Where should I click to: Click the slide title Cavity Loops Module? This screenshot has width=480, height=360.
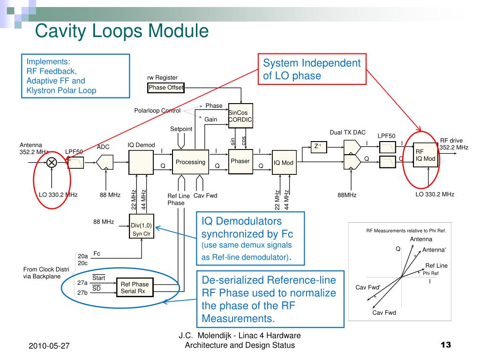tap(122, 31)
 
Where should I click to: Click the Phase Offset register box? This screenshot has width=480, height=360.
tap(166, 88)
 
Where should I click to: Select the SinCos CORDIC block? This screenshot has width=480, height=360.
tap(240, 116)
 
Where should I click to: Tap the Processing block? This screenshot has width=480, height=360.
tap(190, 162)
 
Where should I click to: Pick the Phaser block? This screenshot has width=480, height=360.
tap(240, 161)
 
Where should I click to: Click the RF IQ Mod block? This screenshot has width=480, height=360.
tap(426, 155)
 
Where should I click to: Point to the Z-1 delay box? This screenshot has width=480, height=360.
tap(317, 146)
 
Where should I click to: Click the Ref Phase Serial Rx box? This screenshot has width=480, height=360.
tap(135, 287)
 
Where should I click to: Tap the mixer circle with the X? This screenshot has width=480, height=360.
tap(51, 162)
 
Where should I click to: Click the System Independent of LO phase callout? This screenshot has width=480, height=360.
tap(312, 69)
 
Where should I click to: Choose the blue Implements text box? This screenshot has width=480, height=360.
tap(75, 76)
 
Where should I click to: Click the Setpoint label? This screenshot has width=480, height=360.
tap(181, 129)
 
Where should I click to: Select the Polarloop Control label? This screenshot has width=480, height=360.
tap(157, 111)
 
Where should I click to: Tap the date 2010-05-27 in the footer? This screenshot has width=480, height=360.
tap(49, 346)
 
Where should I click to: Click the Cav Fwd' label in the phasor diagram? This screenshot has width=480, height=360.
tap(368, 287)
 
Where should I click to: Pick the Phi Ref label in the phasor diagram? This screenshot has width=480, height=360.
tap(430, 273)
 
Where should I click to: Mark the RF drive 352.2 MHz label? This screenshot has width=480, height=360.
tap(453, 144)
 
